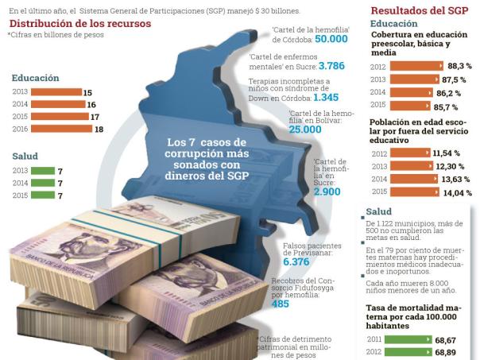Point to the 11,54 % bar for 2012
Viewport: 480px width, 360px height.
click(412, 152)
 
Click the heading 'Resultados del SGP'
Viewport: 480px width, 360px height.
click(418, 11)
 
